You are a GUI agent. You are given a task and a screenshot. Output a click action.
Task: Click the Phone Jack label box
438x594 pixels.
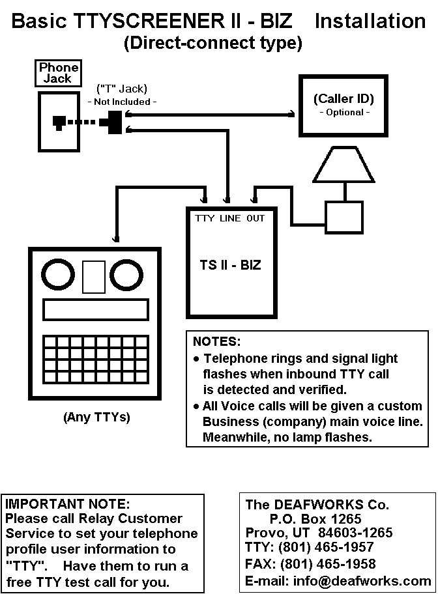[58, 73]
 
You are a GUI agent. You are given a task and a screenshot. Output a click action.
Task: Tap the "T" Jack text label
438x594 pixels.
[121, 89]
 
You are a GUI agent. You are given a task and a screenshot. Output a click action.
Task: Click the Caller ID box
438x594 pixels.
[343, 106]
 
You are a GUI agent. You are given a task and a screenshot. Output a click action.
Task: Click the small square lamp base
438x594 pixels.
[343, 213]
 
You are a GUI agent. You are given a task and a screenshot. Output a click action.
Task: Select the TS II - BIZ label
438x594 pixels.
[230, 265]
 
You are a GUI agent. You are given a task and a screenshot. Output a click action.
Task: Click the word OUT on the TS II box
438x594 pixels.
[255, 218]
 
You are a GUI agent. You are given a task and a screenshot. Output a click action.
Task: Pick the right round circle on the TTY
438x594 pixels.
[124, 276]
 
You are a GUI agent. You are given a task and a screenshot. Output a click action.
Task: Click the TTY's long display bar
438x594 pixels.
[95, 310]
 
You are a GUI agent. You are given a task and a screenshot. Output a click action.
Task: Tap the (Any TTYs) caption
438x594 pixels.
[96, 417]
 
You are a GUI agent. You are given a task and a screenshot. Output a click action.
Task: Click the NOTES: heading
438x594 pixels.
[216, 341]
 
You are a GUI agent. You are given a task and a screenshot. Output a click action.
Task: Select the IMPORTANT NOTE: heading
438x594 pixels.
[68, 503]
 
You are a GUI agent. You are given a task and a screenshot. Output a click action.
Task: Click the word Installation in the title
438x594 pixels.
[370, 21]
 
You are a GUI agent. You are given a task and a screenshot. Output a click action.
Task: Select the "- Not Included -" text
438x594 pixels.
[122, 102]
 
